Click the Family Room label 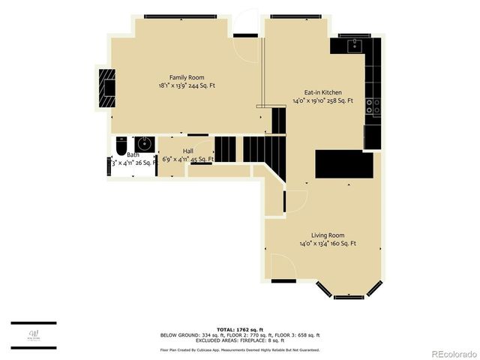click(x=187, y=77)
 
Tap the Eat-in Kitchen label click(x=311, y=92)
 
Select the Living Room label click(x=327, y=235)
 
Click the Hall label click(x=187, y=151)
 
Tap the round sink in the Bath click(x=144, y=143)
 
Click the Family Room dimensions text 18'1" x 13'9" click(x=187, y=85)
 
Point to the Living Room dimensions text click(x=327, y=243)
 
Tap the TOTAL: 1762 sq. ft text click(x=240, y=329)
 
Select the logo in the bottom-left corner click(x=34, y=334)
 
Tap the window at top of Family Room click(x=185, y=16)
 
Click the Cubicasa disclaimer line click(x=240, y=349)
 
